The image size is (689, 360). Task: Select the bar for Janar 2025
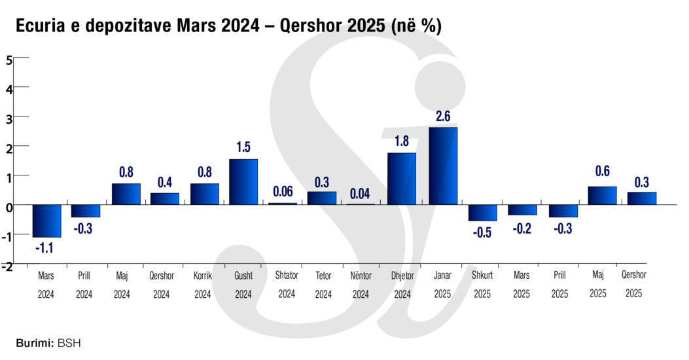tap(443, 166)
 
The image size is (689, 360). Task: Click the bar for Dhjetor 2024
tap(402, 179)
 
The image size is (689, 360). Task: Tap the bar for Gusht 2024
tap(243, 182)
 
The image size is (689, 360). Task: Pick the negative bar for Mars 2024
tap(46, 221)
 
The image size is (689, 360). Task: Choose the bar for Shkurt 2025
tap(483, 213)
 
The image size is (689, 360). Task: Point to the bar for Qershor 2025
tap(641, 198)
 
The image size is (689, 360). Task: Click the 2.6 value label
tap(443, 117)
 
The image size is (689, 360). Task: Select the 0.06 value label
tap(283, 191)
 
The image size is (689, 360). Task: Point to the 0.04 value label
tap(362, 193)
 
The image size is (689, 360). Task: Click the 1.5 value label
tap(243, 147)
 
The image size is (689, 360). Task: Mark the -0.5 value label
tap(483, 232)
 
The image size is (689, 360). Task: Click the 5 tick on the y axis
tap(9, 60)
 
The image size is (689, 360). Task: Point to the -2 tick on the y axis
tap(7, 266)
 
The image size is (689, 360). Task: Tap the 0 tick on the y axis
tap(9, 207)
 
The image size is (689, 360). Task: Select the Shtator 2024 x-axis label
tap(287, 285)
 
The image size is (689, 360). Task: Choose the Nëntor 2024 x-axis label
tap(361, 285)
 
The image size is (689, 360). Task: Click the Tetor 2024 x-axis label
tap(324, 285)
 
